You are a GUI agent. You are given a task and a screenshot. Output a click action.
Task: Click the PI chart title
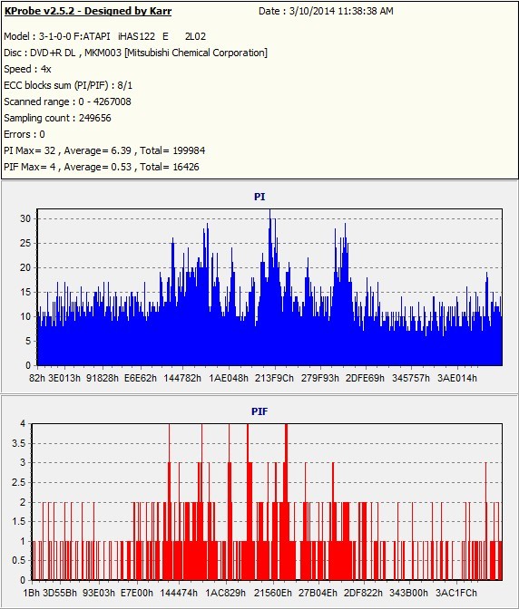click(x=259, y=197)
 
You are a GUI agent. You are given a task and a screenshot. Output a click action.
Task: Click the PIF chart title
click(x=259, y=411)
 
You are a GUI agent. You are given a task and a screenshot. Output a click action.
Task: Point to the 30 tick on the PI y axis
click(x=25, y=218)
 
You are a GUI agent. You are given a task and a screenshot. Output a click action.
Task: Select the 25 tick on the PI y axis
click(x=25, y=243)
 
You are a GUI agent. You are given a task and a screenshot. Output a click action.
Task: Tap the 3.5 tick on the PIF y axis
click(x=19, y=443)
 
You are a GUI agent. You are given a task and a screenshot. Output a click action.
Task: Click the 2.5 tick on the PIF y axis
click(x=19, y=483)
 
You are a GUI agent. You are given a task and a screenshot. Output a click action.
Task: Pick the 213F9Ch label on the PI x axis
click(x=274, y=378)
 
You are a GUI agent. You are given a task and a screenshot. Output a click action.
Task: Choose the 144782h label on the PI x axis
click(x=182, y=378)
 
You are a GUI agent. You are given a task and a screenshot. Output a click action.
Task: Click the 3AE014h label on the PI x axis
click(x=456, y=378)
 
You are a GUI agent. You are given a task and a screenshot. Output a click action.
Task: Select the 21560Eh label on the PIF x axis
click(x=273, y=593)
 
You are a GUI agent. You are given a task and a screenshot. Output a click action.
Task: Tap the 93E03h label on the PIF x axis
click(x=99, y=593)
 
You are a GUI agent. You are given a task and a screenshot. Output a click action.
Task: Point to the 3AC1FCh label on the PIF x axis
click(x=456, y=593)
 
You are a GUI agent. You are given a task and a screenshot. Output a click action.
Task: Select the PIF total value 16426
click(x=186, y=167)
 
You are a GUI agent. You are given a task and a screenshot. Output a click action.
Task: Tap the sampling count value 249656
click(x=95, y=118)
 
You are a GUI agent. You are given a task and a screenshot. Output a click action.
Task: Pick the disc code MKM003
click(x=103, y=53)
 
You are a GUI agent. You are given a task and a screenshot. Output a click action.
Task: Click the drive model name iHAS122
click(x=136, y=36)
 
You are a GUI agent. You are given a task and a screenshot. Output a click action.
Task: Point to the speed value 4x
click(x=46, y=69)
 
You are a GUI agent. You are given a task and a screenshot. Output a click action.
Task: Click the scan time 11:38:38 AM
click(x=366, y=11)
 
